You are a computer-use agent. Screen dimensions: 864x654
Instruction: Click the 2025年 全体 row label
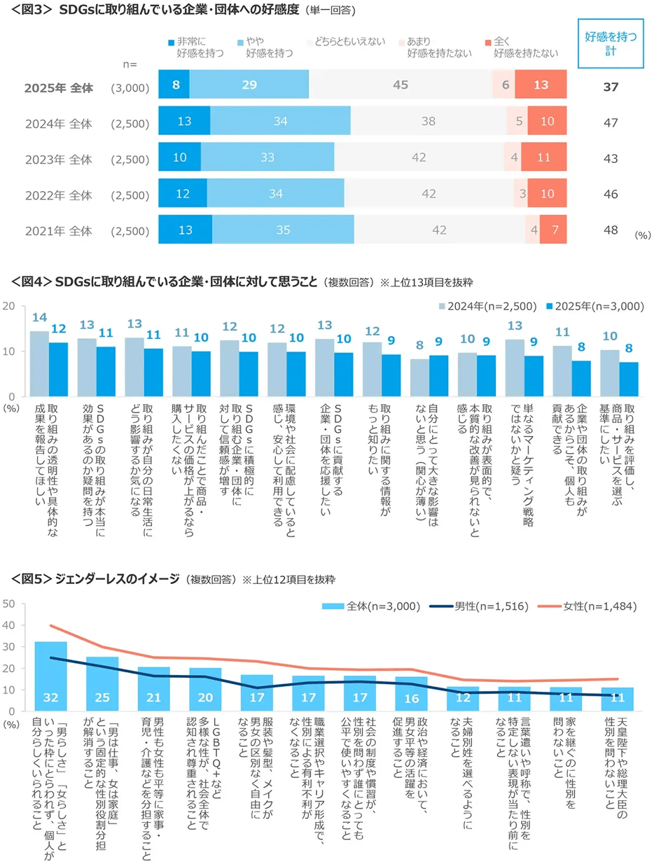[x=58, y=88]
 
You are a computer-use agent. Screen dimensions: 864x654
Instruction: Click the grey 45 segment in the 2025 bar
[x=400, y=85]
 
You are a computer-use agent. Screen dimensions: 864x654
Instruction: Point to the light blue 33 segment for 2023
[x=267, y=157]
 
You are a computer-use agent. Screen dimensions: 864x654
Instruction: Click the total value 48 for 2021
[x=610, y=229]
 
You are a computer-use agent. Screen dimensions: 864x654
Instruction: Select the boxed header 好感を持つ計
[x=610, y=43]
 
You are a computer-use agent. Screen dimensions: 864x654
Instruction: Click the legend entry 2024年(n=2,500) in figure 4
[x=487, y=306]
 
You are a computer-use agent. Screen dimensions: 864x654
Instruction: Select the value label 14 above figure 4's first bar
[x=39, y=317]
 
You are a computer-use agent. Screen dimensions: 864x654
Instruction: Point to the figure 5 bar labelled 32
[x=50, y=676]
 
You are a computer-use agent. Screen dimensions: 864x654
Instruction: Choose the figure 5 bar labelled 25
[x=102, y=683]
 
